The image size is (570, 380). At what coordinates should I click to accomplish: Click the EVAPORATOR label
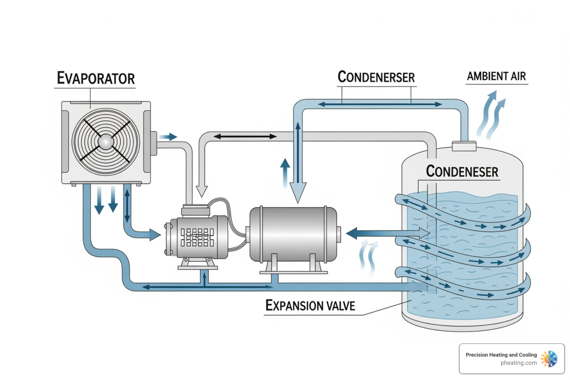click(x=96, y=78)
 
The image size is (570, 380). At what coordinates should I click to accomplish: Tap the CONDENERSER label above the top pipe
click(x=376, y=77)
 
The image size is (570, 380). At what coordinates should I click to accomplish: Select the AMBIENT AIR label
click(x=496, y=76)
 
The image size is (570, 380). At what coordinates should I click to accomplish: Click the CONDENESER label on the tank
click(x=462, y=171)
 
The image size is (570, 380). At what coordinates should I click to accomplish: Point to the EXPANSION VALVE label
click(x=310, y=305)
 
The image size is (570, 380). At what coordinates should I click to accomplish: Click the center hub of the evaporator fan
click(x=106, y=142)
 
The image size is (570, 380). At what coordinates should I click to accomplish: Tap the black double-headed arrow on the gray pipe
click(x=245, y=137)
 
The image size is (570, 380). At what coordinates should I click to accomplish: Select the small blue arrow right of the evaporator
click(x=168, y=137)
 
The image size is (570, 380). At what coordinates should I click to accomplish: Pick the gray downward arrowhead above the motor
click(x=202, y=191)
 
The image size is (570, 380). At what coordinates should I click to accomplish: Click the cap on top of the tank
click(x=464, y=146)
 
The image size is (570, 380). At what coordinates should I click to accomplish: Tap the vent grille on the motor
click(x=197, y=237)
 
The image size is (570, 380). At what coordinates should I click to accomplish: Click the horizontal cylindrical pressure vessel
click(x=293, y=234)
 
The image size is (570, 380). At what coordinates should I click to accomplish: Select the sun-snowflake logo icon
click(x=549, y=359)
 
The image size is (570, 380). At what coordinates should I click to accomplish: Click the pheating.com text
click(x=518, y=363)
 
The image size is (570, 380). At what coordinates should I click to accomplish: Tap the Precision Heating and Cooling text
click(x=501, y=355)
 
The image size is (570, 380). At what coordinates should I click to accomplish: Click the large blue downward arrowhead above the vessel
click(x=298, y=192)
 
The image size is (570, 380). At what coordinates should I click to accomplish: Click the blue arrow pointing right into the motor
click(x=154, y=235)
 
